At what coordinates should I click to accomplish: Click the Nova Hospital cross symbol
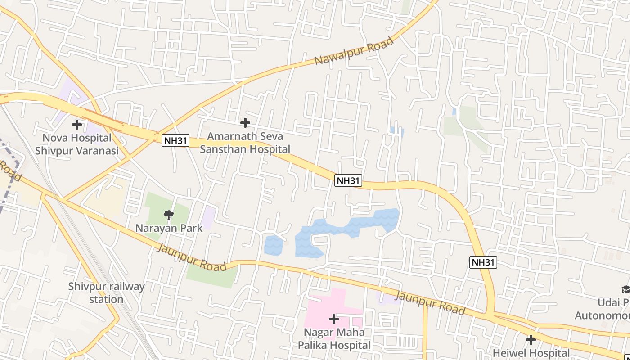coord(77,124)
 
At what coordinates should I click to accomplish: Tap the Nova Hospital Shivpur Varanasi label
coord(77,144)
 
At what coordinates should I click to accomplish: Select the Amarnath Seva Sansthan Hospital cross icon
coord(245,122)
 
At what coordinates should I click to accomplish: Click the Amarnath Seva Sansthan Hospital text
coord(245,143)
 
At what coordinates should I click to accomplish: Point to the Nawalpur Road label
coord(354,51)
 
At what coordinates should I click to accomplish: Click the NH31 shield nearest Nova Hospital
coord(175,140)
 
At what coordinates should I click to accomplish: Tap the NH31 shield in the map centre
coord(348,181)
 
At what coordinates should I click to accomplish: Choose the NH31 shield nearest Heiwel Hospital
coord(483,262)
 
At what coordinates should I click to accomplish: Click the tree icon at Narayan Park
coord(169,215)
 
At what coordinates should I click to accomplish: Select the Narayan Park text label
coord(169,228)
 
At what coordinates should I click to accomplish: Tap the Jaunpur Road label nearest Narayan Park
coord(192,258)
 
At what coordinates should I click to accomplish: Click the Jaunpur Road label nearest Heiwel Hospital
coord(430,302)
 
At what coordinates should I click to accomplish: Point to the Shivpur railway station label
coord(107,293)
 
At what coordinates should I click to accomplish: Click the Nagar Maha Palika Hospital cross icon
coord(333,319)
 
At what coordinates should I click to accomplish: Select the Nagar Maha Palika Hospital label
coord(334,339)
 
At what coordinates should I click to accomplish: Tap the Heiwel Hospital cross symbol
coord(531,339)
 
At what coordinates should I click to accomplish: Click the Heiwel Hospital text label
coord(531,353)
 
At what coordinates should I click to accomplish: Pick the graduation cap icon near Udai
coord(625,289)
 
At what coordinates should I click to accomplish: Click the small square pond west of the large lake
coord(273,245)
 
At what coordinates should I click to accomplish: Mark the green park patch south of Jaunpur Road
coord(211,275)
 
